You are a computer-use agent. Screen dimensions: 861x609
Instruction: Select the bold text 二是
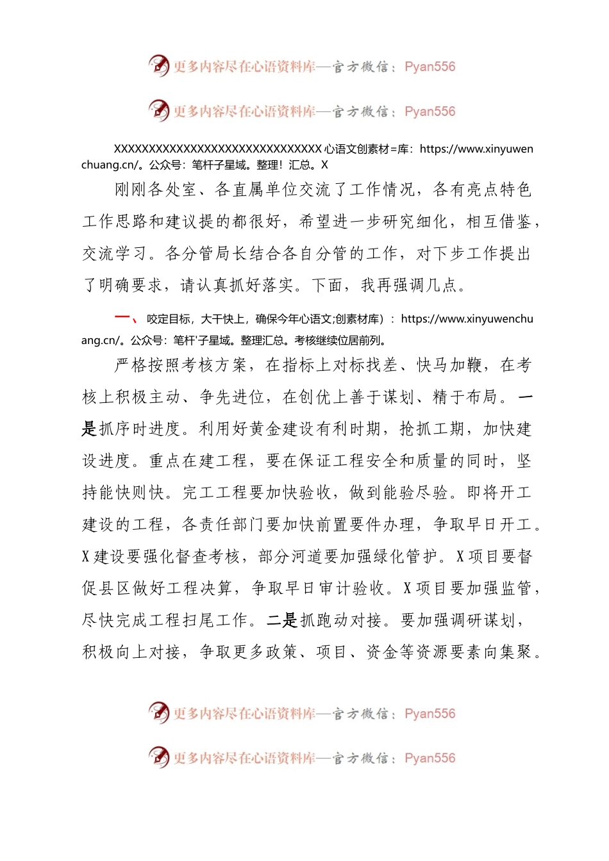coord(282,620)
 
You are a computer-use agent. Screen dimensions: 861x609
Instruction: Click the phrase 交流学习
coord(115,254)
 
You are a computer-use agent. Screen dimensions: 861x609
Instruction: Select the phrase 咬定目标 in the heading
coord(169,319)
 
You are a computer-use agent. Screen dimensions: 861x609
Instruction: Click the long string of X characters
coord(218,149)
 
